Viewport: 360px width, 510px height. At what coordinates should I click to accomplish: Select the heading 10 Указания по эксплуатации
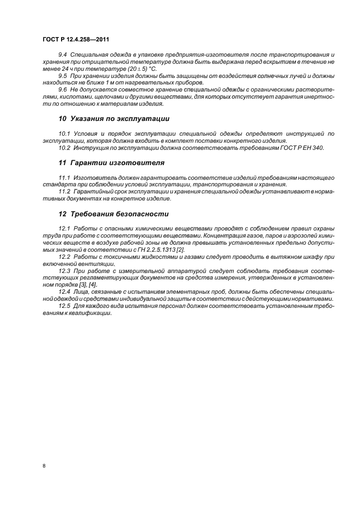click(114, 118)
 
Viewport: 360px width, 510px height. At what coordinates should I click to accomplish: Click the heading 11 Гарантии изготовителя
click(112, 162)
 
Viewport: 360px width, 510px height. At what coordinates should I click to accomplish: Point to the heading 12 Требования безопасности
click(114, 214)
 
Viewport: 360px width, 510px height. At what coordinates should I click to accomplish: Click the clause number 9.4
click(63, 56)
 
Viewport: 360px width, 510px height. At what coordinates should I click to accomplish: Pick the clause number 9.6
click(63, 88)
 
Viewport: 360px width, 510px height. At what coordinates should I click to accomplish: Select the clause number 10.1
click(64, 133)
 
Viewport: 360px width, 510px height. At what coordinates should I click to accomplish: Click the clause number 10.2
click(64, 147)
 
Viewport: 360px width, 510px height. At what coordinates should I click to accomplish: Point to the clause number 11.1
click(64, 178)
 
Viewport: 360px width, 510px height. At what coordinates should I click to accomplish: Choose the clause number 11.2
click(64, 191)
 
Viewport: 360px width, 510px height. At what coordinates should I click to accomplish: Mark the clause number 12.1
click(64, 227)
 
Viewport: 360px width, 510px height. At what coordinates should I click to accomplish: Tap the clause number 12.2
click(64, 256)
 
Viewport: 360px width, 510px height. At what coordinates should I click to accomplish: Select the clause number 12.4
click(64, 292)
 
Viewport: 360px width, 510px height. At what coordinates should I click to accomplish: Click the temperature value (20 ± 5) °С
click(138, 69)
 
